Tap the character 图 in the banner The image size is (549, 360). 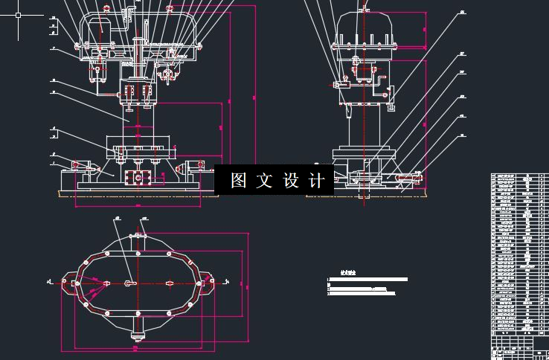[238, 181]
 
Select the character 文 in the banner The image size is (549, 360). [264, 181]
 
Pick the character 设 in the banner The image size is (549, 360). [291, 181]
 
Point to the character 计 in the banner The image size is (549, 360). [317, 181]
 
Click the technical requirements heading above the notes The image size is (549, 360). [347, 273]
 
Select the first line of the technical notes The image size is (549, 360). [368, 280]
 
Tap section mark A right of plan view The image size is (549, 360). [225, 281]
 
